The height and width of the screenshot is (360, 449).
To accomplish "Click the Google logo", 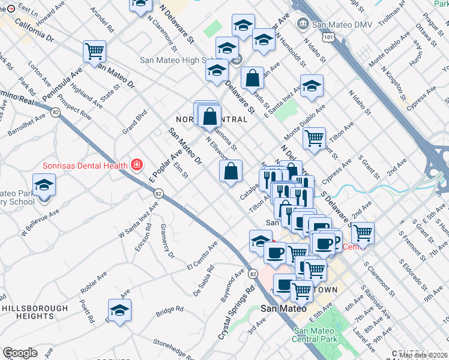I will (20, 353).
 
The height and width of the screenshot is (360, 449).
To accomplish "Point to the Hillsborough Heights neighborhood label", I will (28, 311).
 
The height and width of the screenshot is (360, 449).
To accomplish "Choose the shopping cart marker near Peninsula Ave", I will (94, 51).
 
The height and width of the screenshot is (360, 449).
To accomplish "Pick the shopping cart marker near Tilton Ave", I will (314, 139).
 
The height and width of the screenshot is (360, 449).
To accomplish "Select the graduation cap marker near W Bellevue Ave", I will (44, 185).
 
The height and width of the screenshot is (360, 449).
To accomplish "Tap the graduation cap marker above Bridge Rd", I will (119, 310).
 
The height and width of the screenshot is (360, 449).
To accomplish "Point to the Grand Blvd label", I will (135, 121).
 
